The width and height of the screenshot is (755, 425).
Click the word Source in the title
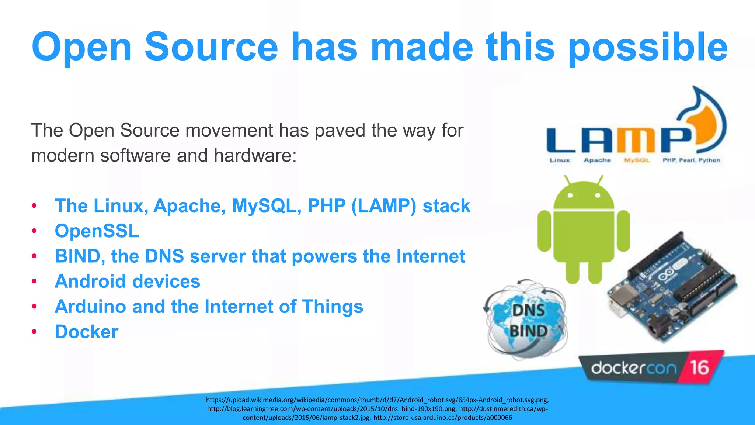tap(211, 47)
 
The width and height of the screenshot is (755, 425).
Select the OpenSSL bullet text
tap(97, 231)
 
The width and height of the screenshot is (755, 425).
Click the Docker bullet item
tap(87, 332)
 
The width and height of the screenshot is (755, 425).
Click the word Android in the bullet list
tap(90, 281)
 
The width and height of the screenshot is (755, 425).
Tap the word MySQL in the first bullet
tap(264, 206)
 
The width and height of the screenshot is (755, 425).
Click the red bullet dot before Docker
tap(34, 332)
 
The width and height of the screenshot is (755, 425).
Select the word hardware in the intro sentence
tap(252, 155)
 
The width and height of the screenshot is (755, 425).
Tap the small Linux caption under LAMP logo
tap(560, 160)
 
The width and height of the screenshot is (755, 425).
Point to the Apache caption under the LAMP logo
tap(597, 160)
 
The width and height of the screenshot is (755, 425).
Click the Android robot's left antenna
tap(567, 180)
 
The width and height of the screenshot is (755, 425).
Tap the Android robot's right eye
tap(598, 196)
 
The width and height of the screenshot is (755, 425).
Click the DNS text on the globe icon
tap(528, 310)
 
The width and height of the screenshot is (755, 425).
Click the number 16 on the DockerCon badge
tap(699, 367)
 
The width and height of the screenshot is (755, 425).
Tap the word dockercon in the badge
tap(634, 368)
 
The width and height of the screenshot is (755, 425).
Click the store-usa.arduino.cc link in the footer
tap(443, 418)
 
